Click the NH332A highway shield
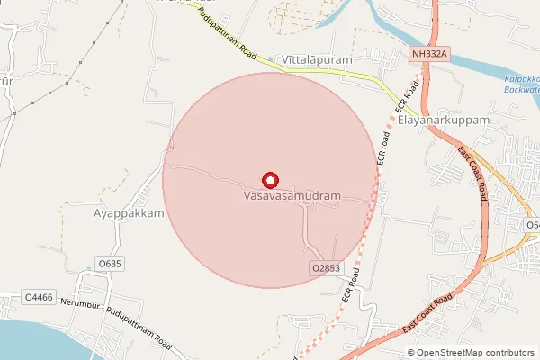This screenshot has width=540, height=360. pyautogui.click(x=428, y=55)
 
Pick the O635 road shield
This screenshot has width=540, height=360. pyautogui.click(x=110, y=263)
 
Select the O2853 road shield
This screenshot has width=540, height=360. pyautogui.click(x=326, y=268)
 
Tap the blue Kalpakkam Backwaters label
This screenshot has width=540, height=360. pyautogui.click(x=519, y=85)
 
